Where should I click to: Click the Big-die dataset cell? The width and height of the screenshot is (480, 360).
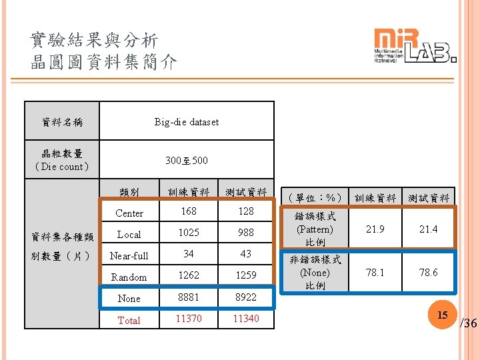click(186, 121)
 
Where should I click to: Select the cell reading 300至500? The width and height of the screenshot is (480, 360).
click(186, 161)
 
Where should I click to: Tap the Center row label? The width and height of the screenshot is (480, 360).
click(129, 213)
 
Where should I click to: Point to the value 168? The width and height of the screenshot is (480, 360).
click(189, 212)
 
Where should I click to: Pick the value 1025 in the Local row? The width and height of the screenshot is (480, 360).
click(189, 233)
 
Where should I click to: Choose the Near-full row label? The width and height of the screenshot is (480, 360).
click(129, 255)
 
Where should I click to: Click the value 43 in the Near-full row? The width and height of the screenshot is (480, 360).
click(245, 254)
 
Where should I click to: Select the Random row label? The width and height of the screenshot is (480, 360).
click(129, 277)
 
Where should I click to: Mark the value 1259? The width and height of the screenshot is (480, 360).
click(245, 275)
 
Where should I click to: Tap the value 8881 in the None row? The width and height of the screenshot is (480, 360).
click(189, 297)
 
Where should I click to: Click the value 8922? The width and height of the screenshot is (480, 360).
click(245, 297)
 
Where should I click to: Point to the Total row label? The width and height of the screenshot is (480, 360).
click(129, 320)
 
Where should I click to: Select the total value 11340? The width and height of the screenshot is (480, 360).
click(245, 319)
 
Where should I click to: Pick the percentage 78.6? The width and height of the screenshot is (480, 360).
click(428, 273)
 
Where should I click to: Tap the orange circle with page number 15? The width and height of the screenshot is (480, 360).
click(441, 314)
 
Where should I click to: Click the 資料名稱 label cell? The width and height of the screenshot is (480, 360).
click(62, 122)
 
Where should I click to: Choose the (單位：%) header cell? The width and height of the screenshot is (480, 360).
click(315, 197)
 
